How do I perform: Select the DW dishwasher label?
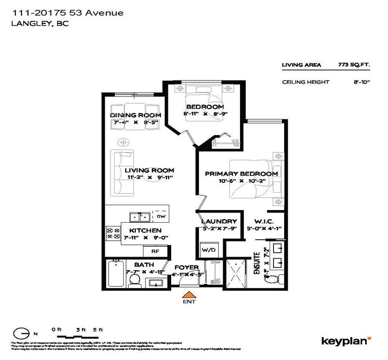[161, 216]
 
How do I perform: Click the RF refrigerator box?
[156, 251]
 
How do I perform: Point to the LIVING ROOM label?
[149, 170]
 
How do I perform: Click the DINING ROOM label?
[129, 115]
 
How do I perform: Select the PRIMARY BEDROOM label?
[241, 174]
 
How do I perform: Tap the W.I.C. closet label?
[262, 221]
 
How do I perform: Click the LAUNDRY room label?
[219, 221]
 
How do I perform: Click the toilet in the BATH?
[136, 279]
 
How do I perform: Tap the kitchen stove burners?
[113, 233]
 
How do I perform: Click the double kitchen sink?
[140, 216]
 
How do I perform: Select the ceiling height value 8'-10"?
[362, 82]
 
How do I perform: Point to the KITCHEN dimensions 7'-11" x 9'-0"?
[142, 238]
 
